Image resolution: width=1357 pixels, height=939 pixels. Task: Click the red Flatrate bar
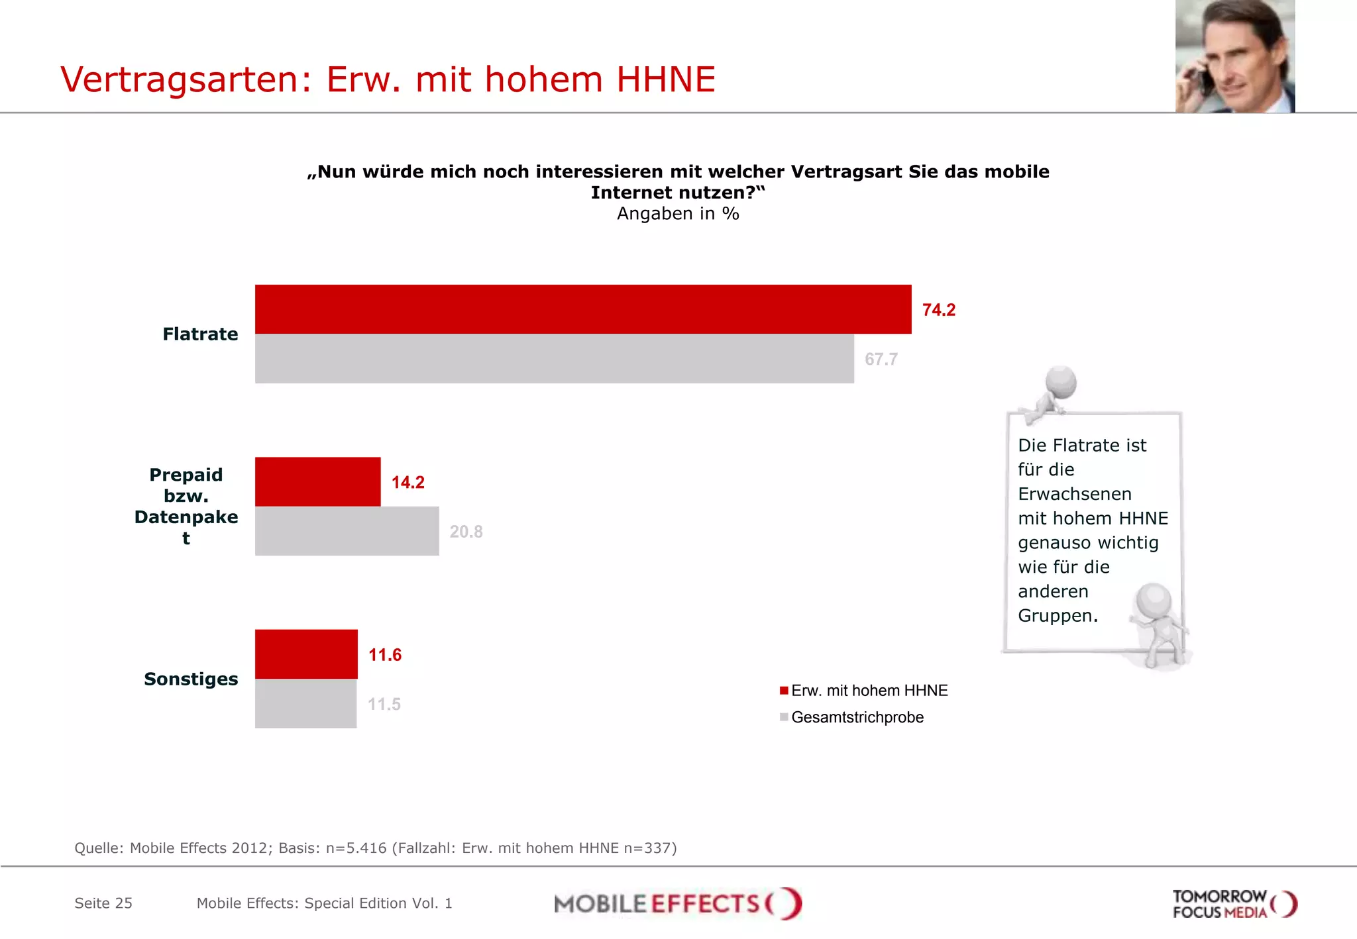tap(583, 309)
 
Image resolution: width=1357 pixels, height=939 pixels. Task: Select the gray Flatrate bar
tap(554, 358)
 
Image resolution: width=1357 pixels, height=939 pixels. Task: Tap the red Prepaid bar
tap(317, 481)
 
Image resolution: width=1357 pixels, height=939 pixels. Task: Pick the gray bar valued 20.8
tap(347, 531)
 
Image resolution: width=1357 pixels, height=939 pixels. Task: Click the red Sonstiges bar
tap(306, 654)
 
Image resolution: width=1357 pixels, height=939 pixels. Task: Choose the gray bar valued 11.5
tap(305, 703)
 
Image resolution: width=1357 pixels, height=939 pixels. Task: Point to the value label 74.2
tap(938, 310)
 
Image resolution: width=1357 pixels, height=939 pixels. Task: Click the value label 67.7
tap(881, 359)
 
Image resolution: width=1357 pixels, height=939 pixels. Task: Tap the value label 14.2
tap(407, 482)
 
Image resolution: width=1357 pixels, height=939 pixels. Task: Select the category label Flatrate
tap(200, 334)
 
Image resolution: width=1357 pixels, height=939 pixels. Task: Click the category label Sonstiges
tap(191, 679)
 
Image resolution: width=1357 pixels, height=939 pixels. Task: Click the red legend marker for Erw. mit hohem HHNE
tap(784, 691)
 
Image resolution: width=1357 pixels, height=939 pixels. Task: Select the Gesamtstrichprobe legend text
tap(857, 717)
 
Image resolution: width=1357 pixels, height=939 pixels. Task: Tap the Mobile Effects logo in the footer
tap(677, 903)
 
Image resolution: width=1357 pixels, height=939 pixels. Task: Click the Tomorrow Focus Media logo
tap(1234, 904)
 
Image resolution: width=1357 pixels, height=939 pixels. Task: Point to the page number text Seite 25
tap(103, 903)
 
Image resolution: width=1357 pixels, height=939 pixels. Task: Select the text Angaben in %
tap(677, 213)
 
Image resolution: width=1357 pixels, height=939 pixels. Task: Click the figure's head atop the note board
tap(1061, 382)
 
